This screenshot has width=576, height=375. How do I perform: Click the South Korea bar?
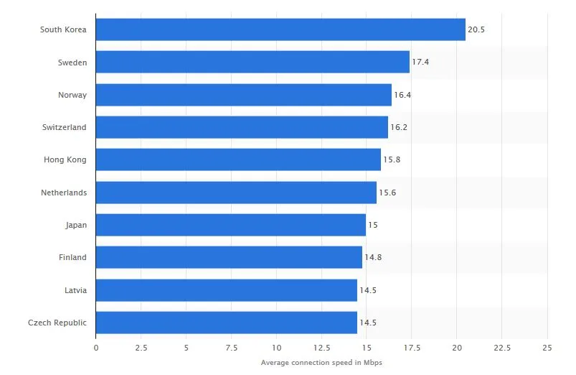pyautogui.click(x=280, y=29)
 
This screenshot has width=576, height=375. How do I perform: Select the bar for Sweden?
pyautogui.click(x=252, y=62)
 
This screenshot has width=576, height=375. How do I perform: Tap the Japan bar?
pyautogui.click(x=231, y=225)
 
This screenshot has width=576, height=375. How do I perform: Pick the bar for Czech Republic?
pyautogui.click(x=226, y=323)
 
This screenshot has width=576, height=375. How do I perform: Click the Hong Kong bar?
pyautogui.click(x=238, y=159)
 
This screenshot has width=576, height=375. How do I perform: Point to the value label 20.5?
pyautogui.click(x=476, y=29)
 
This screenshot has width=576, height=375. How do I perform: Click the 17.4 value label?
pyautogui.click(x=420, y=62)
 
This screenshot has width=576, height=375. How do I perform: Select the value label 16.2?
pyautogui.click(x=399, y=127)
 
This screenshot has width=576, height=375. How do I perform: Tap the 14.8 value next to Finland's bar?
pyautogui.click(x=373, y=257)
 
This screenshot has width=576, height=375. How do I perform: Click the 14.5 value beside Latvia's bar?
pyautogui.click(x=368, y=290)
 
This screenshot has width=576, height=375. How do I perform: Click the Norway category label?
pyautogui.click(x=72, y=95)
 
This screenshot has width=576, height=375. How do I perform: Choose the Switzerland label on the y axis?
pyautogui.click(x=65, y=127)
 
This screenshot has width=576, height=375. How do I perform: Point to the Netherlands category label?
pyautogui.click(x=64, y=193)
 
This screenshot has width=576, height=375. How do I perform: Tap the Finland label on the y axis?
pyautogui.click(x=72, y=257)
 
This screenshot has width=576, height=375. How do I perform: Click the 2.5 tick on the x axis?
pyautogui.click(x=141, y=348)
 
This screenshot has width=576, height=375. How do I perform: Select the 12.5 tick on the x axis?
pyautogui.click(x=321, y=348)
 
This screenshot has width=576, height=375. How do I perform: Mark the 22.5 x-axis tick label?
pyautogui.click(x=502, y=348)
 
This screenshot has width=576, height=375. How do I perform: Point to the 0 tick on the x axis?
pyautogui.click(x=96, y=348)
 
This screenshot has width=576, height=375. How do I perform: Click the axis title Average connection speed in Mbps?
pyautogui.click(x=321, y=363)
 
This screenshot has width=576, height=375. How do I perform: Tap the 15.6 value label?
pyautogui.click(x=387, y=193)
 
